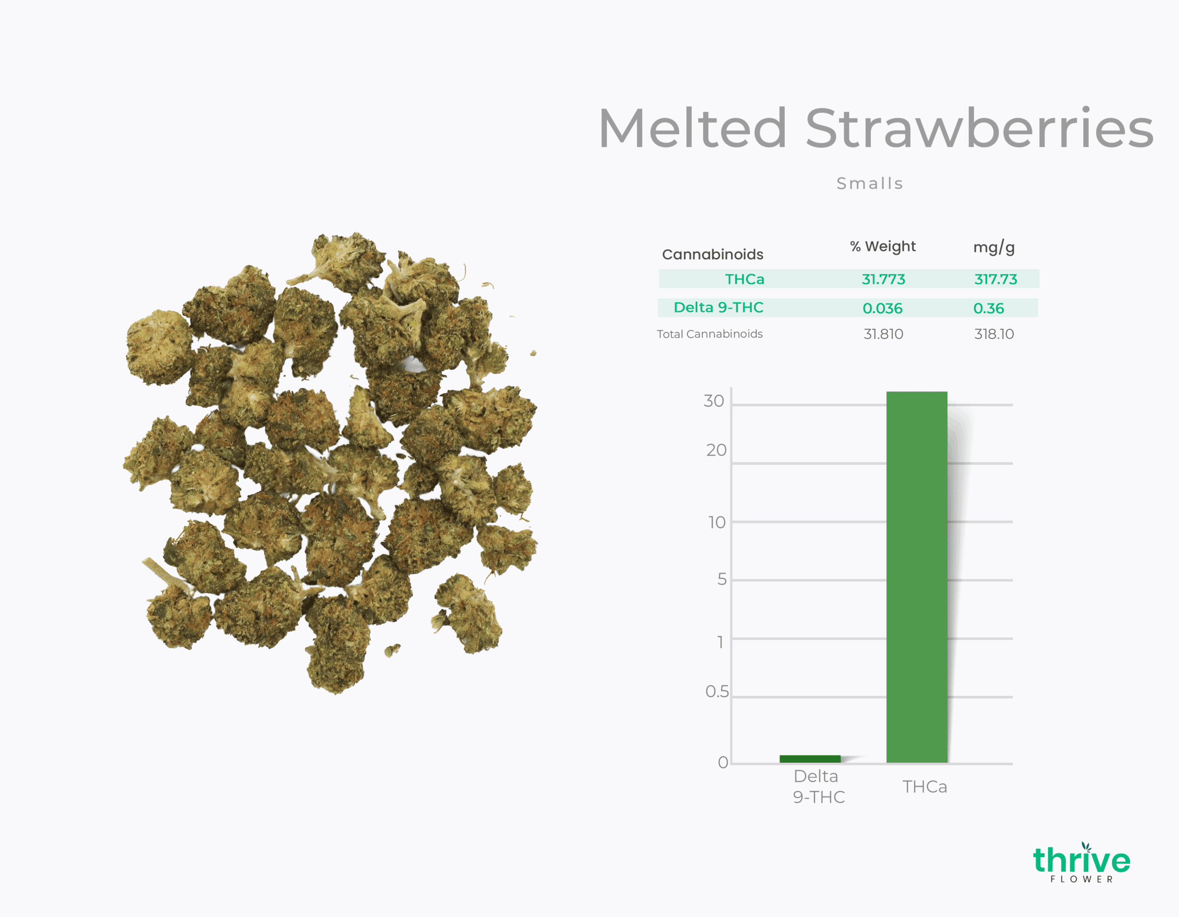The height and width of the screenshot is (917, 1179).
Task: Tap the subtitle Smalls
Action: (870, 183)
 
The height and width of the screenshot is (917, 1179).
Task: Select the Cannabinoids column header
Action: (712, 254)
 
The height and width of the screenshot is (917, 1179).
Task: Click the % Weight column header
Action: (882, 247)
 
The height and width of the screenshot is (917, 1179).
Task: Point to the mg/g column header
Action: (994, 247)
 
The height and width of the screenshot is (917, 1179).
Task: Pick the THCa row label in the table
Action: (744, 279)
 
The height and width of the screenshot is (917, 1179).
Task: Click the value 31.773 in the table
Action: (883, 279)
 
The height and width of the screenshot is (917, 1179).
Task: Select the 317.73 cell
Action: (995, 279)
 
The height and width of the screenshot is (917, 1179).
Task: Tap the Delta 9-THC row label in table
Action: (718, 308)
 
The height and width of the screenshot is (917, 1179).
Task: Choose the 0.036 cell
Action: (882, 308)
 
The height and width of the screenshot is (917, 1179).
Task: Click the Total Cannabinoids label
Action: (710, 334)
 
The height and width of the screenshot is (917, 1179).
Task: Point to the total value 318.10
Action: (994, 334)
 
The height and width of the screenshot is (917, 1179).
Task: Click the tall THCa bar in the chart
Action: (916, 577)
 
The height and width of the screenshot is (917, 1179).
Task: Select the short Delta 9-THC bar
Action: (810, 759)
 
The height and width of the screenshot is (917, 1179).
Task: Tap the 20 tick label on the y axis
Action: (716, 450)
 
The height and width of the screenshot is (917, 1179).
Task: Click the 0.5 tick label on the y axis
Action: (717, 691)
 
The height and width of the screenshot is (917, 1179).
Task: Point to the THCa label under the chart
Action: (925, 787)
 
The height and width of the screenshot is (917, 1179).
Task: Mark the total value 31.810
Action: (883, 334)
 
